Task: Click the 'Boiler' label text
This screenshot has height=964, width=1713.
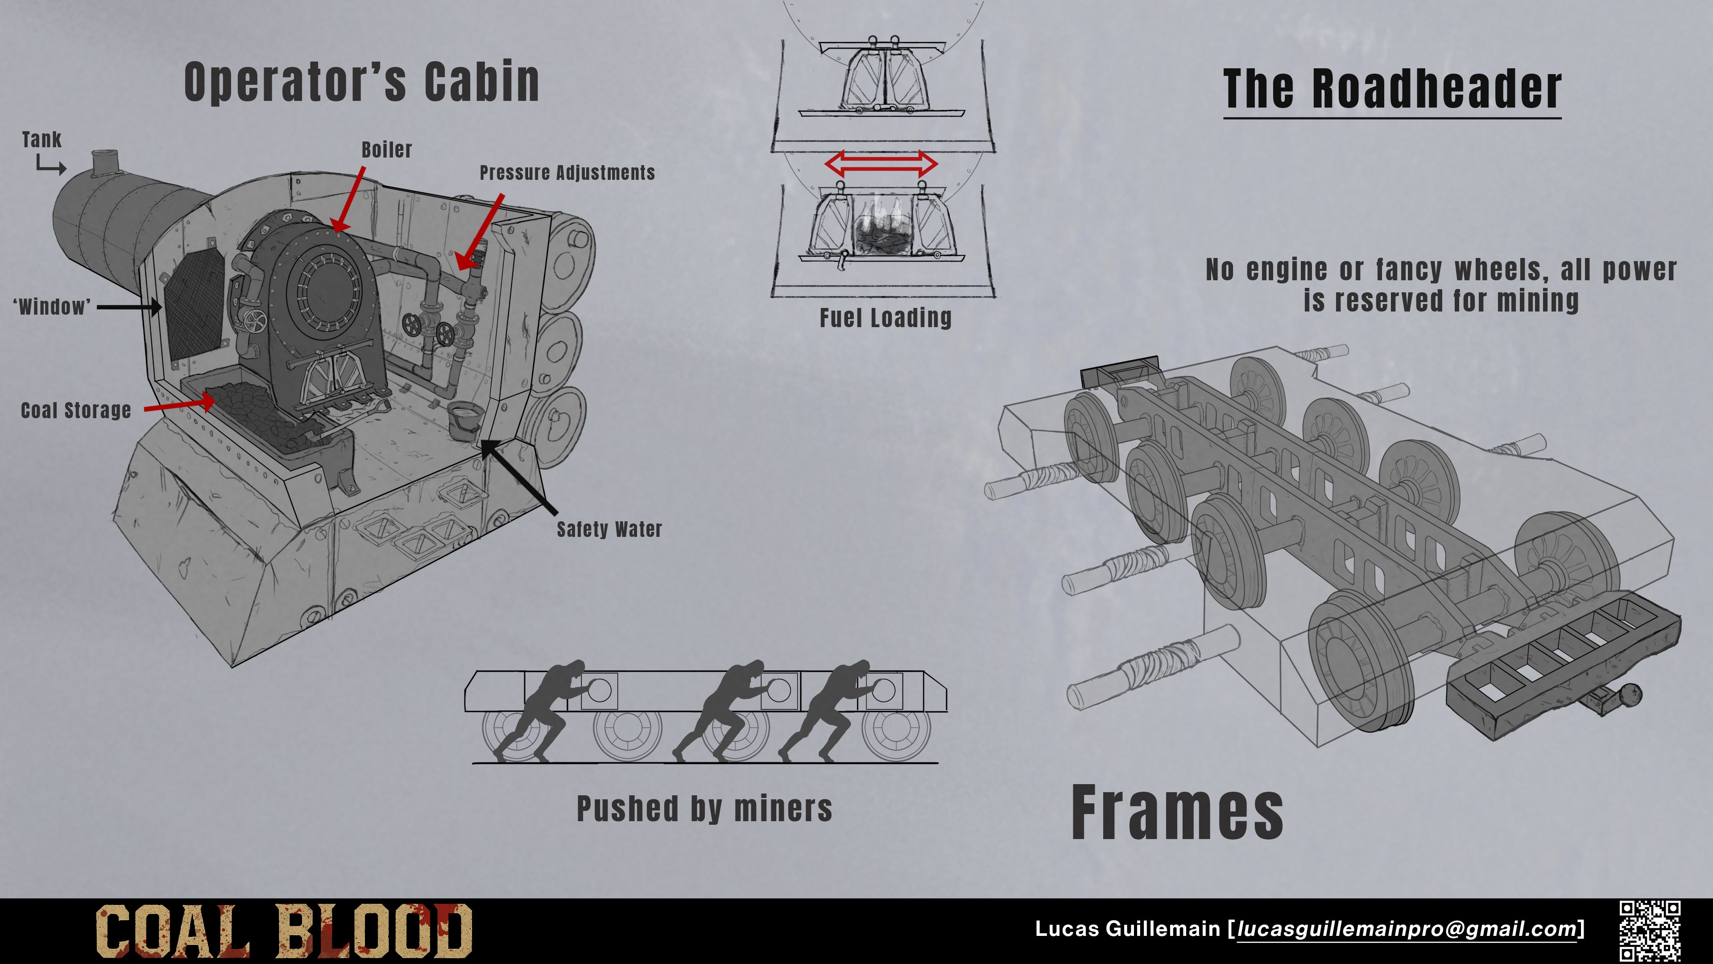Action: coord(386,150)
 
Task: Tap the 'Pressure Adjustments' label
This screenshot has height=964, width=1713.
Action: coord(567,173)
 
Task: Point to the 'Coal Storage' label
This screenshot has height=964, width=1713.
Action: coord(76,411)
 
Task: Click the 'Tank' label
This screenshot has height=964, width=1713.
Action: coord(41,140)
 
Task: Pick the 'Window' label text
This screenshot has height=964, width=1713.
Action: coord(52,307)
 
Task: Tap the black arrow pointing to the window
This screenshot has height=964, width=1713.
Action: coord(129,307)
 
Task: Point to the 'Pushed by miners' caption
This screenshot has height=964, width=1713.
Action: coord(704,809)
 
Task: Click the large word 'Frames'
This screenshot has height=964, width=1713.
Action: coord(1177,812)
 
